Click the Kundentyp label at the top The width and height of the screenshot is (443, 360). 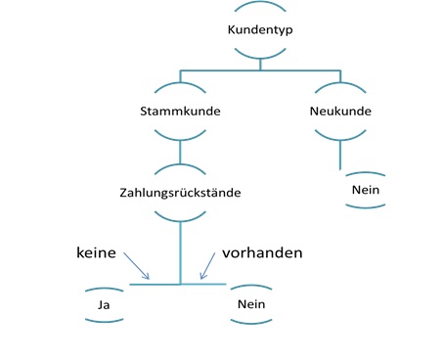point(259,29)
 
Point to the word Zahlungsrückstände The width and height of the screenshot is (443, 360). point(179,193)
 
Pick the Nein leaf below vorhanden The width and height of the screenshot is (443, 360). point(251,305)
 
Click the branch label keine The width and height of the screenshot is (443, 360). point(97,252)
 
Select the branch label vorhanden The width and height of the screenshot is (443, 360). point(262,252)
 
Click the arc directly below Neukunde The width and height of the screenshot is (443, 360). point(339,134)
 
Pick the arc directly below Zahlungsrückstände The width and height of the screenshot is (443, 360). point(180,214)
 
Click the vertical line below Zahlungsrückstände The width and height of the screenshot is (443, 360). point(180,249)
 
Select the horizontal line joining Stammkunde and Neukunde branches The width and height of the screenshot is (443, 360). point(260,70)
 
